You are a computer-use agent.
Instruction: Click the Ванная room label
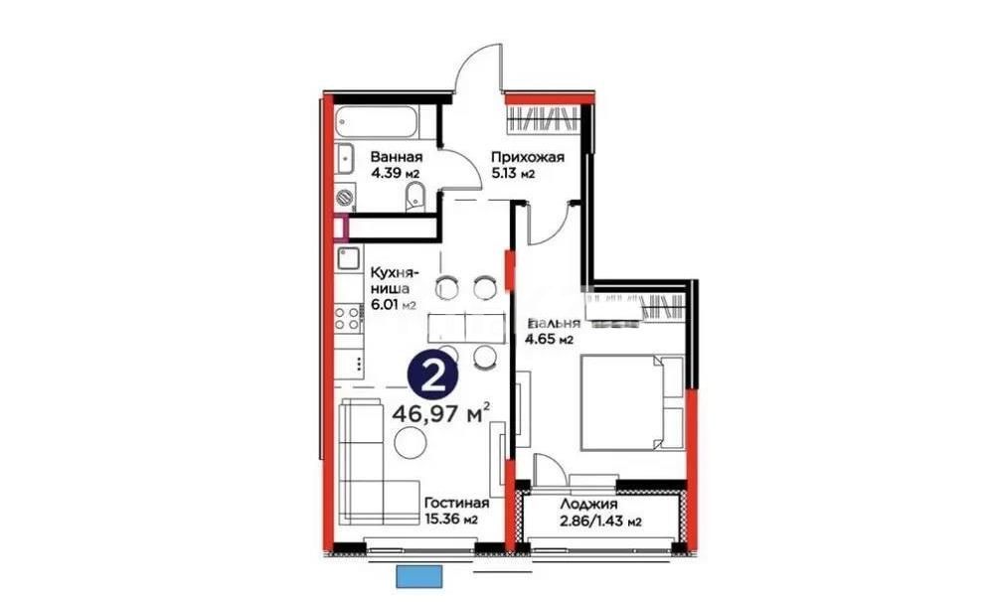point(397,157)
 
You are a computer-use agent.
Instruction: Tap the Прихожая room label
point(529,157)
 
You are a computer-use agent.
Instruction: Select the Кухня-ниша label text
point(395,279)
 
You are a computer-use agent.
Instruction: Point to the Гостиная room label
point(453,504)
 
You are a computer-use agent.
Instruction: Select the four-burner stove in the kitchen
point(347,319)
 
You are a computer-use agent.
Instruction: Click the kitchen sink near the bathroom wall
point(347,261)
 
